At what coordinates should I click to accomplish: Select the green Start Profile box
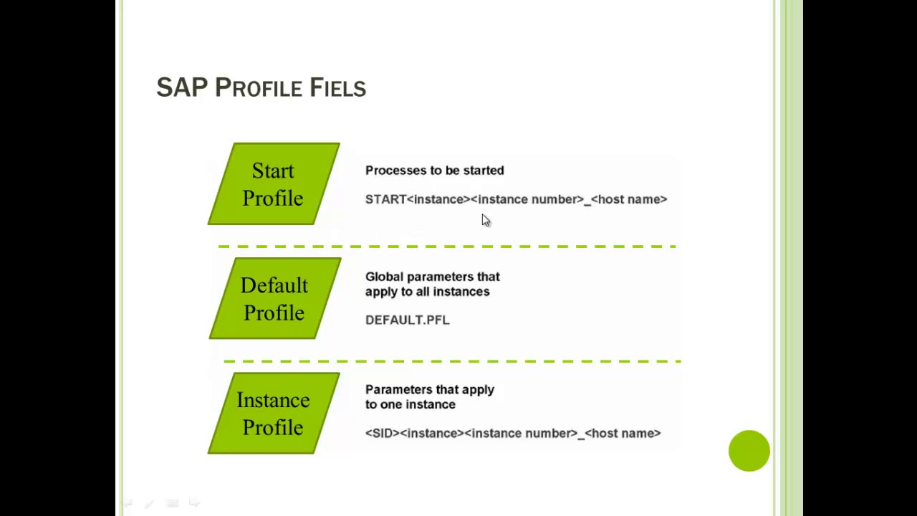pos(273,184)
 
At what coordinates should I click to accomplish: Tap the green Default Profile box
pos(274,299)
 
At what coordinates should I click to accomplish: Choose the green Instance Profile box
pos(273,414)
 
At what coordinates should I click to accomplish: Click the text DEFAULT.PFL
pos(407,320)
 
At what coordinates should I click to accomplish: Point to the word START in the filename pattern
pos(385,199)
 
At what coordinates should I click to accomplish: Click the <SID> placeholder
pos(383,433)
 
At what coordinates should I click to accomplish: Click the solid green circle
pos(749,451)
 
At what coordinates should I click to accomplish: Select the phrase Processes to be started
pos(434,171)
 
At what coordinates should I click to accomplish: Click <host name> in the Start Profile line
pos(629,199)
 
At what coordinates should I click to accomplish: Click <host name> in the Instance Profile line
pos(623,433)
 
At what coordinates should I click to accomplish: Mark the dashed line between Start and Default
pos(447,247)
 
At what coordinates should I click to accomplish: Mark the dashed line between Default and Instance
pos(451,361)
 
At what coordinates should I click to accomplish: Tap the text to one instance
pos(410,405)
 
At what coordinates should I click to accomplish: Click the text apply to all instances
pos(427,292)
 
